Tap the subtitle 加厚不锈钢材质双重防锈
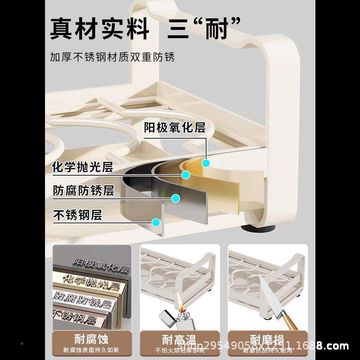pyautogui.click(x=112, y=57)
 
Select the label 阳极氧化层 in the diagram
pyautogui.click(x=175, y=127)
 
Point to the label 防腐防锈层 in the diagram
pyautogui.click(x=84, y=190)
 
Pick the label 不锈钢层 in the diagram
pyautogui.click(x=77, y=215)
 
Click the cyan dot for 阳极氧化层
pyautogui.click(x=206, y=163)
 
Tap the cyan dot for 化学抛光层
pyautogui.click(x=186, y=175)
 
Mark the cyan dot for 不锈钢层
pyautogui.click(x=156, y=223)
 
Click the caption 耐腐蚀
pyautogui.click(x=91, y=339)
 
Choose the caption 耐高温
pyautogui.click(x=179, y=339)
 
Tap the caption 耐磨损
pyautogui.click(x=267, y=339)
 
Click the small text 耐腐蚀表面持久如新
pyautogui.click(x=91, y=350)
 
